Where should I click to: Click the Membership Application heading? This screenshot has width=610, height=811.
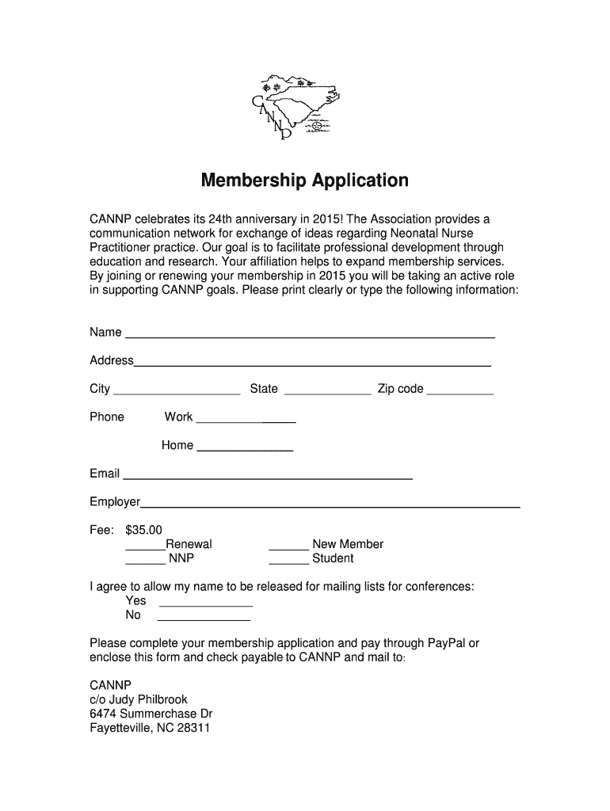[305, 181]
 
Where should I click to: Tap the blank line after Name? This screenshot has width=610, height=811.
[310, 333]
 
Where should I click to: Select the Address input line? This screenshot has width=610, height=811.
[312, 362]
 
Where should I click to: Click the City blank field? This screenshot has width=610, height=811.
[177, 390]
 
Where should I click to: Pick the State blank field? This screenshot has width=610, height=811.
[326, 390]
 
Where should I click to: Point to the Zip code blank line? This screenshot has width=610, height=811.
[460, 390]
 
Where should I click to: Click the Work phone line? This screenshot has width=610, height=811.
[245, 419]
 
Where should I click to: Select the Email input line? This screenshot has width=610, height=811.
[268, 476]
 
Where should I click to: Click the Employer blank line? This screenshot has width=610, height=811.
[330, 504]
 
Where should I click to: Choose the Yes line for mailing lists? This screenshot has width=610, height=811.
[205, 603]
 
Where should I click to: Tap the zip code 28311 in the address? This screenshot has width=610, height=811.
[193, 728]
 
